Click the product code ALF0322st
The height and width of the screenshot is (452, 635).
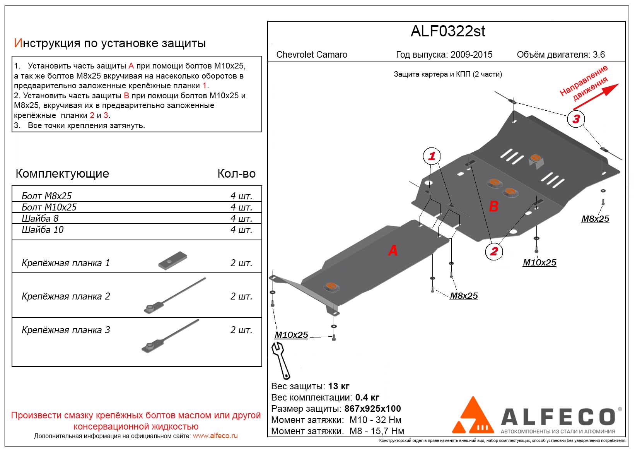coord(447,31)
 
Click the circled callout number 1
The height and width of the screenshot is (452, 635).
coord(432,156)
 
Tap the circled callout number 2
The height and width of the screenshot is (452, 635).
coord(494,251)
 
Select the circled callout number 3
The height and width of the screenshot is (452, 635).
coord(576,119)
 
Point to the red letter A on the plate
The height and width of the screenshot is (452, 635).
coord(393,251)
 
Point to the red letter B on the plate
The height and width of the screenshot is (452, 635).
coord(493,206)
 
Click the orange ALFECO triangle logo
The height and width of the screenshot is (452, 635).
coord(473,416)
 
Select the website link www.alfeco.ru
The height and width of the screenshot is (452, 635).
coord(215,436)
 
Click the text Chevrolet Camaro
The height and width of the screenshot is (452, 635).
coord(312,55)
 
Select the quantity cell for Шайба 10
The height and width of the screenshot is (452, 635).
coord(241,230)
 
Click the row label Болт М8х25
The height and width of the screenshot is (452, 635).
coord(47,196)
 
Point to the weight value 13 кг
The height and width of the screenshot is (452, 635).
coord(338,386)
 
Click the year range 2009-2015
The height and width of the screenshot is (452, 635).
coord(471,55)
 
